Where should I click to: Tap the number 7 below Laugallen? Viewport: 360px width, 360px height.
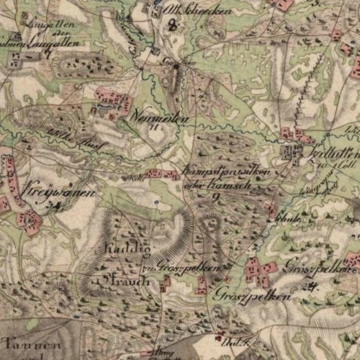(48, 55)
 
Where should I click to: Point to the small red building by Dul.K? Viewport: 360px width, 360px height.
(219, 337)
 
